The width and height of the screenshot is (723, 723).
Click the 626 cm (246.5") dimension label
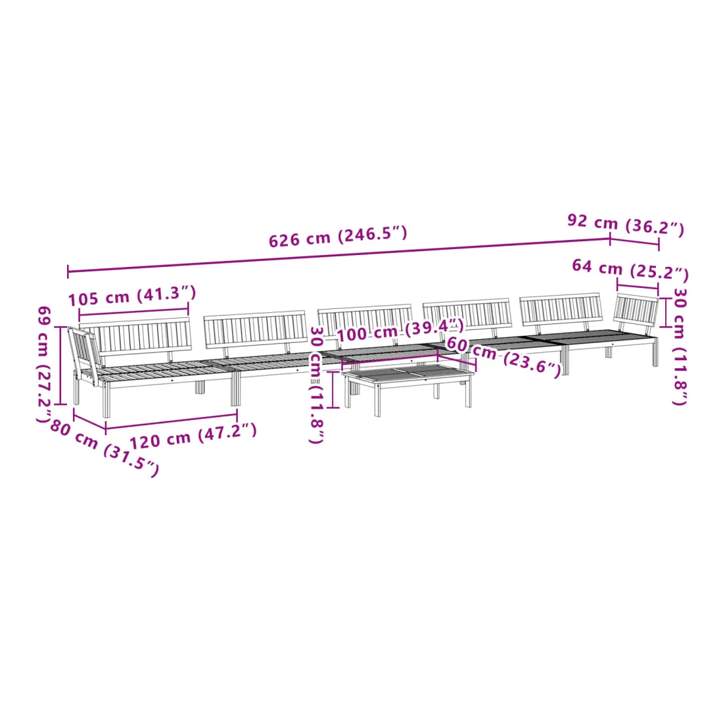[x=338, y=237]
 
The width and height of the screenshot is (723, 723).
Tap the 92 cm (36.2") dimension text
[x=626, y=224]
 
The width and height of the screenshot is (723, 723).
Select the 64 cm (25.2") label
[x=630, y=269]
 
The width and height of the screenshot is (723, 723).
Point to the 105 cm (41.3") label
[x=132, y=296]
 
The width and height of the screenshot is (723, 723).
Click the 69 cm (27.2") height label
[x=44, y=364]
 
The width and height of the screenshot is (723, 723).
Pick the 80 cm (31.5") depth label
[x=105, y=448]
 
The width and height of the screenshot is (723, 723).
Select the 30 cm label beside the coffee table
[x=316, y=385]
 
